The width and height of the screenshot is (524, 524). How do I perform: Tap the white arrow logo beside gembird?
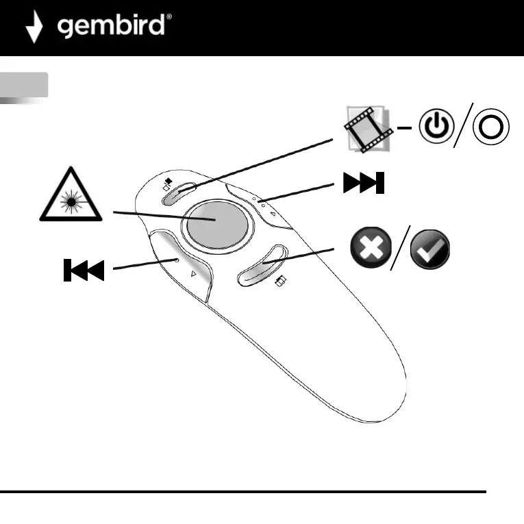[x=34, y=27]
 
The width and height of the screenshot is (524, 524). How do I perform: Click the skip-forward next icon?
[x=364, y=184]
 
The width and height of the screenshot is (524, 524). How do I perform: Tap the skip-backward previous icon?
[x=83, y=271]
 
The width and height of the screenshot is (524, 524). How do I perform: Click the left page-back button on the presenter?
[x=180, y=264]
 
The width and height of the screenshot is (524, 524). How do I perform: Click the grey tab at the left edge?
[x=24, y=84]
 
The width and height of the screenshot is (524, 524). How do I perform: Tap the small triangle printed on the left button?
[x=194, y=273]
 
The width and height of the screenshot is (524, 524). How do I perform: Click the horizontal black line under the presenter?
[x=243, y=491]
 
